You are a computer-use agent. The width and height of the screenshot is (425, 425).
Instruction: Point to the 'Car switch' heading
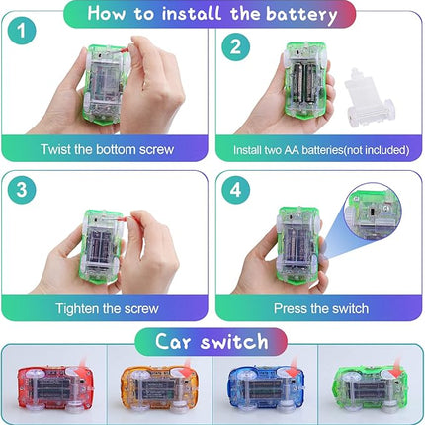point(212,342)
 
